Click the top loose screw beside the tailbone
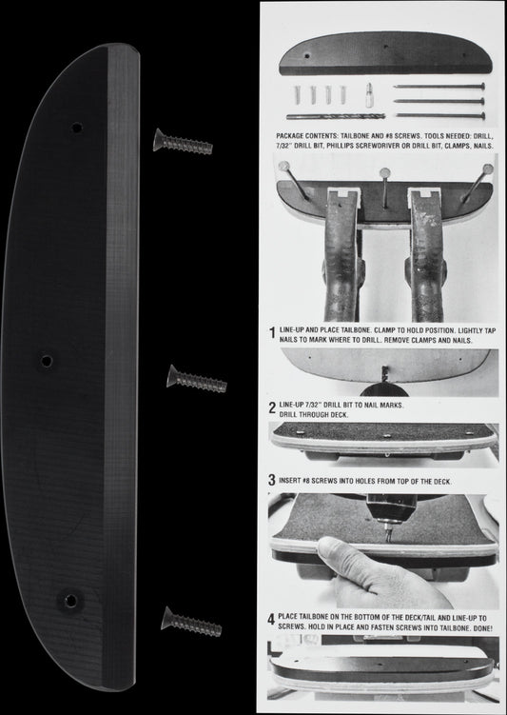(184, 142)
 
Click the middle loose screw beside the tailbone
(197, 379)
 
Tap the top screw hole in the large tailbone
(77, 128)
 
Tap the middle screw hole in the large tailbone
(47, 361)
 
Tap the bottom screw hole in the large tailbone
(70, 600)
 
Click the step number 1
(272, 333)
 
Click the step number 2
(272, 407)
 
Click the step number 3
(272, 480)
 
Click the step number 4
(271, 620)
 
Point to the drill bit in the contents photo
(336, 117)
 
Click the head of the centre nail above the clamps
(385, 173)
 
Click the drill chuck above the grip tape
(391, 508)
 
